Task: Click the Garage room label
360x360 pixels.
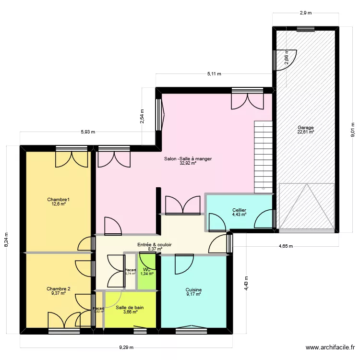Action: pos(305,128)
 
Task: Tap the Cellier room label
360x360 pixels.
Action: pos(239,210)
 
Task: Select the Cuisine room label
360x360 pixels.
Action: pos(193,290)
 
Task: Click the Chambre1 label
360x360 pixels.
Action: pos(56,199)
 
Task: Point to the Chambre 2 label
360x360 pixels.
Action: pos(59,289)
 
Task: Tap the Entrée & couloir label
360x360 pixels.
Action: pos(155,245)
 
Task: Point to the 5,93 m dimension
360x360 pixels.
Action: pos(88,132)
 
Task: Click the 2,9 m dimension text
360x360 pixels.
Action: pos(305,13)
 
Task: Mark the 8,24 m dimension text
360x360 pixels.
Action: pos(7,240)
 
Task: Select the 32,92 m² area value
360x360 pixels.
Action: pos(188,163)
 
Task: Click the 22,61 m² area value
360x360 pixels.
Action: pos(305,132)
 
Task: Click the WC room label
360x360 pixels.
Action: pos(147,270)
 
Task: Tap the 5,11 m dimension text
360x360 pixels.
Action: pos(214,74)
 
